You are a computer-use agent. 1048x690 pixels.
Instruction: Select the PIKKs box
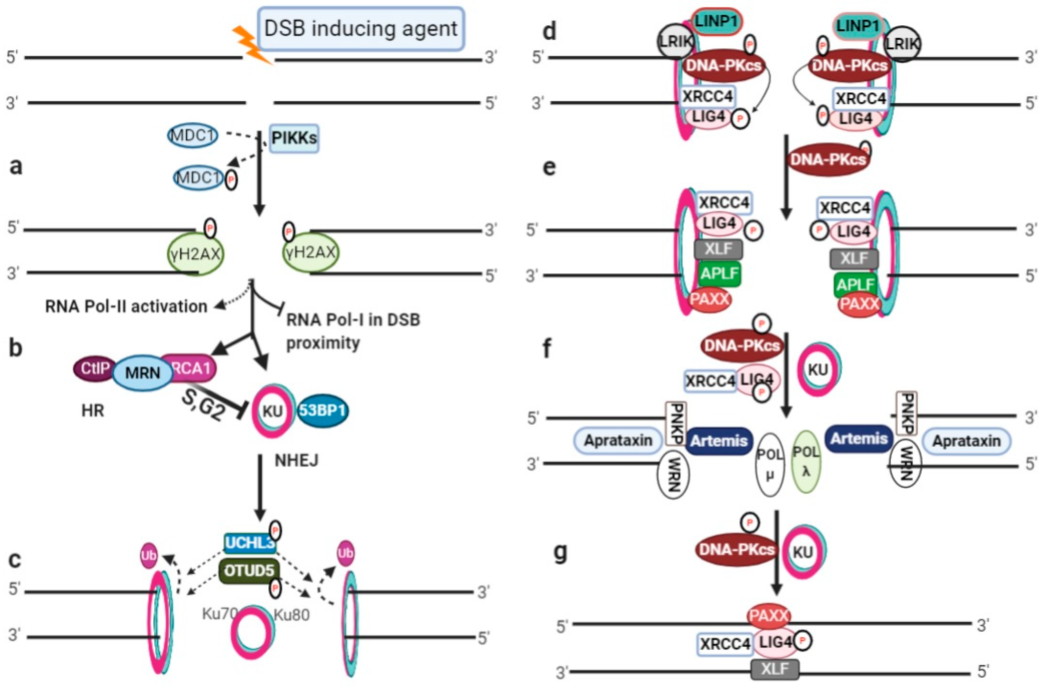[x=294, y=138]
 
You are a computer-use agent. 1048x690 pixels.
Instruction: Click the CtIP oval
[x=93, y=368]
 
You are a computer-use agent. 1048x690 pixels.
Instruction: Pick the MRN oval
[x=143, y=373]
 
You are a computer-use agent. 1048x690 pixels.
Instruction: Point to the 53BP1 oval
[x=323, y=410]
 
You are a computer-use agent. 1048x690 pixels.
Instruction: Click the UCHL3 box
[x=249, y=543]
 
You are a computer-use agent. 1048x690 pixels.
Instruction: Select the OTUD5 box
[x=249, y=571]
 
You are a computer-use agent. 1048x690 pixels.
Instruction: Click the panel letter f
[x=547, y=349]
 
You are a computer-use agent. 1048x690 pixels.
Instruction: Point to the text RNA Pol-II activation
[x=126, y=306]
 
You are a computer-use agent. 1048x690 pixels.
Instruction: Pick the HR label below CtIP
[x=93, y=410]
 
